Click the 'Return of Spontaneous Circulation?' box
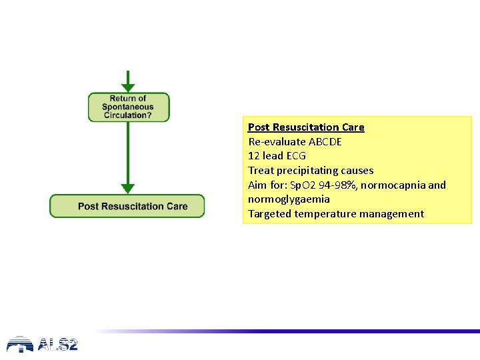(128, 107)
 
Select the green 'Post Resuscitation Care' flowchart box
(127, 206)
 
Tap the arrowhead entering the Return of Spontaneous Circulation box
(128, 87)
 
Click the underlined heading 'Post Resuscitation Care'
(306, 127)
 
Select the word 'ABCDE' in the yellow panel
(325, 142)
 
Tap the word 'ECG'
(296, 156)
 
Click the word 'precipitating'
(307, 171)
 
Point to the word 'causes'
(357, 171)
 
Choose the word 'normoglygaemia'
(289, 199)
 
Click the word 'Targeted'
(270, 214)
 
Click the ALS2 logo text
(58, 345)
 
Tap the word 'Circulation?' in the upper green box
(128, 115)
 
